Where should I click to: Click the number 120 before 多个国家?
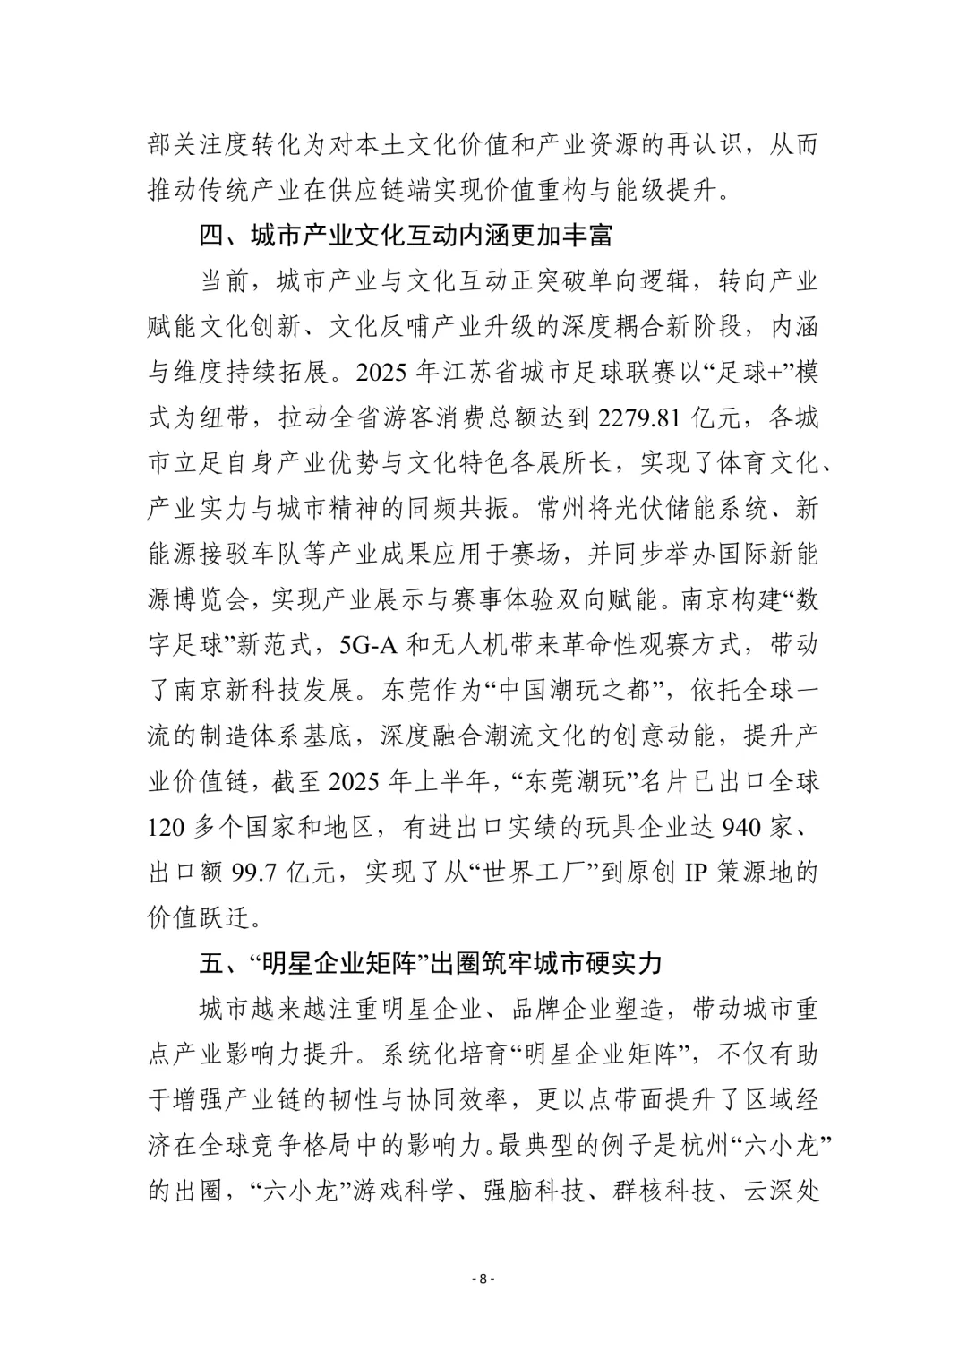click(167, 826)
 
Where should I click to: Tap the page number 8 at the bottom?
click(483, 1278)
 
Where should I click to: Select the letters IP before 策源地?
click(697, 872)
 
